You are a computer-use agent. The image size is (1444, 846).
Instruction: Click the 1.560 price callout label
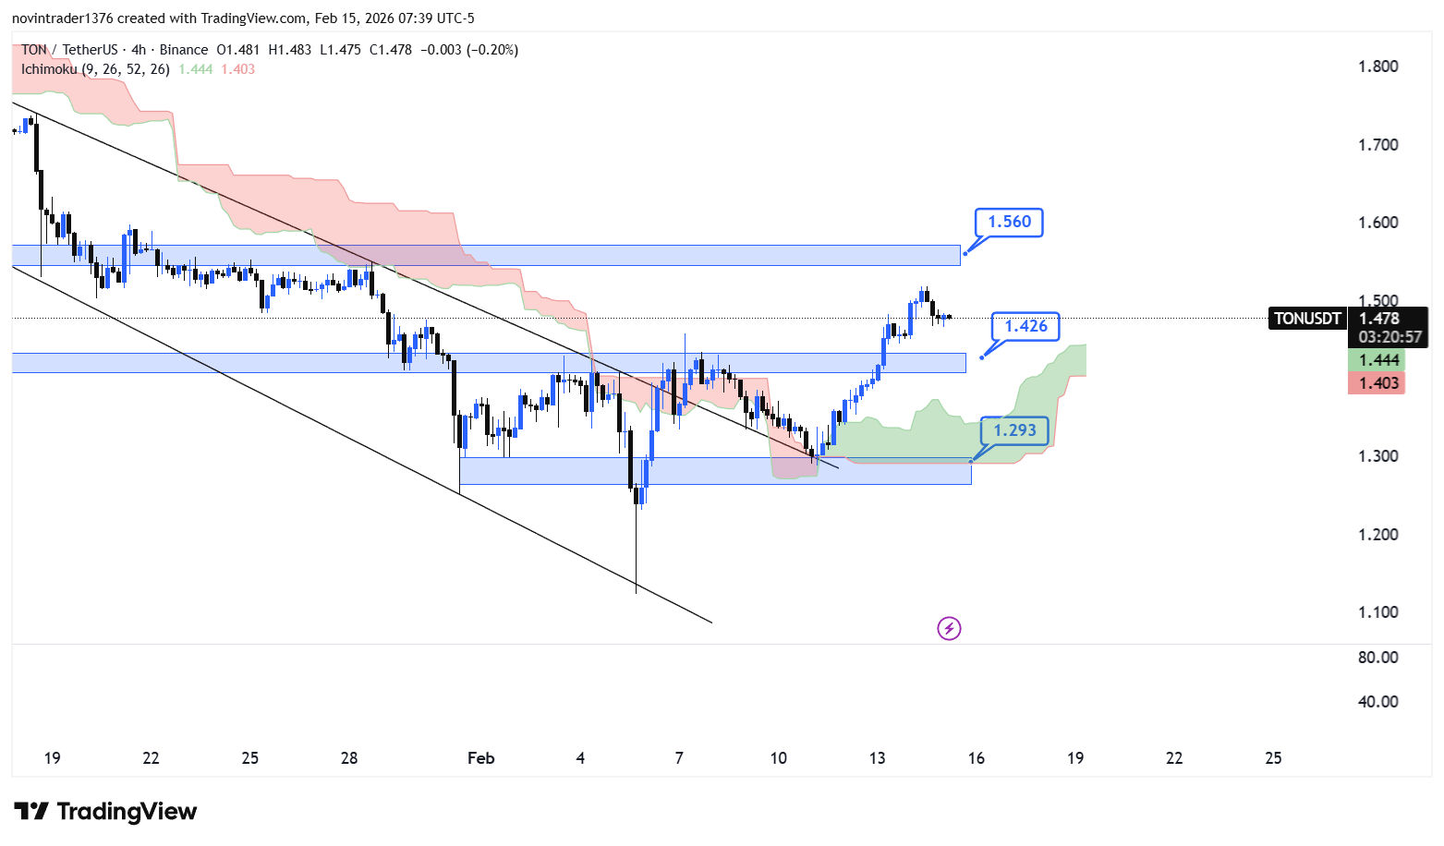[1009, 223]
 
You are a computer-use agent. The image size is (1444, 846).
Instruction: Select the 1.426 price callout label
[1025, 326]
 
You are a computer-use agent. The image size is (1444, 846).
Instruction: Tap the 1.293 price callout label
[1014, 430]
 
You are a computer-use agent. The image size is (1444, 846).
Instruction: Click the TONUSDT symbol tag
[1307, 319]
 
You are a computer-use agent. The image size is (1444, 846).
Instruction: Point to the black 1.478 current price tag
[1378, 319]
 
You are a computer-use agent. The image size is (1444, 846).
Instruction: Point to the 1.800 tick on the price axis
[1377, 66]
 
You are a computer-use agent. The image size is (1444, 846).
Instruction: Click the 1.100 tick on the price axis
[1377, 612]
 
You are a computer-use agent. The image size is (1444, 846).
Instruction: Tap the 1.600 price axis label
[1377, 223]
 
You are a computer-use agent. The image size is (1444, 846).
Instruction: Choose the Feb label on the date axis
[480, 758]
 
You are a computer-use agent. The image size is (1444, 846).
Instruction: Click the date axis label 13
[877, 758]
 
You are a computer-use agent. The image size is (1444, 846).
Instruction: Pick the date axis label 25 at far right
[1273, 758]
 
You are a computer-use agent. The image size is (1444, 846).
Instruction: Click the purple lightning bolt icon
[949, 629]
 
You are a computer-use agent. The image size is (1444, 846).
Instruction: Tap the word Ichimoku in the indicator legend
[49, 69]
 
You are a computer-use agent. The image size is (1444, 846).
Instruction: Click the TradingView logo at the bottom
[105, 812]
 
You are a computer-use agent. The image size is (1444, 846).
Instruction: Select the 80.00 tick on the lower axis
[1377, 658]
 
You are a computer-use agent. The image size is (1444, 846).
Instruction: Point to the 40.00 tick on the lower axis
[1377, 702]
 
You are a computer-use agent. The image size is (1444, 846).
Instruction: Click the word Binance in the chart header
[183, 50]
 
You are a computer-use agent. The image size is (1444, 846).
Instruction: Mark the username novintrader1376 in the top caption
[63, 18]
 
